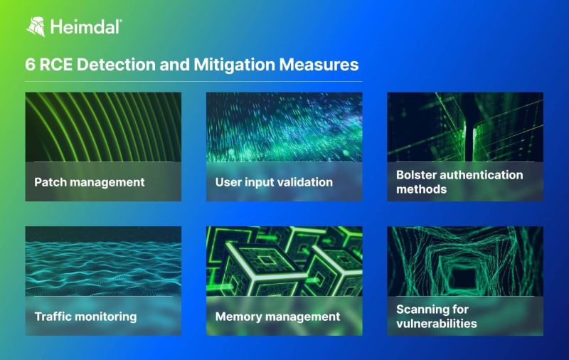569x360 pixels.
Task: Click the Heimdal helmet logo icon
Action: coord(36,27)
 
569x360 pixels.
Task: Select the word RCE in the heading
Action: coord(57,65)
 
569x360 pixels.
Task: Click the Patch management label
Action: coord(89,182)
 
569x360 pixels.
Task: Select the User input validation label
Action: coord(274,182)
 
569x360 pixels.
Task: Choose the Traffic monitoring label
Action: coord(85,316)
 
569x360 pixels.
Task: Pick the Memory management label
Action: coord(277,316)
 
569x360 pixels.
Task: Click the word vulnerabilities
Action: coord(436,324)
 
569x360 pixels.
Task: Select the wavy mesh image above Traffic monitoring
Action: coord(103,260)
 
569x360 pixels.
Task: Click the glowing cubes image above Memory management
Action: coord(284,260)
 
